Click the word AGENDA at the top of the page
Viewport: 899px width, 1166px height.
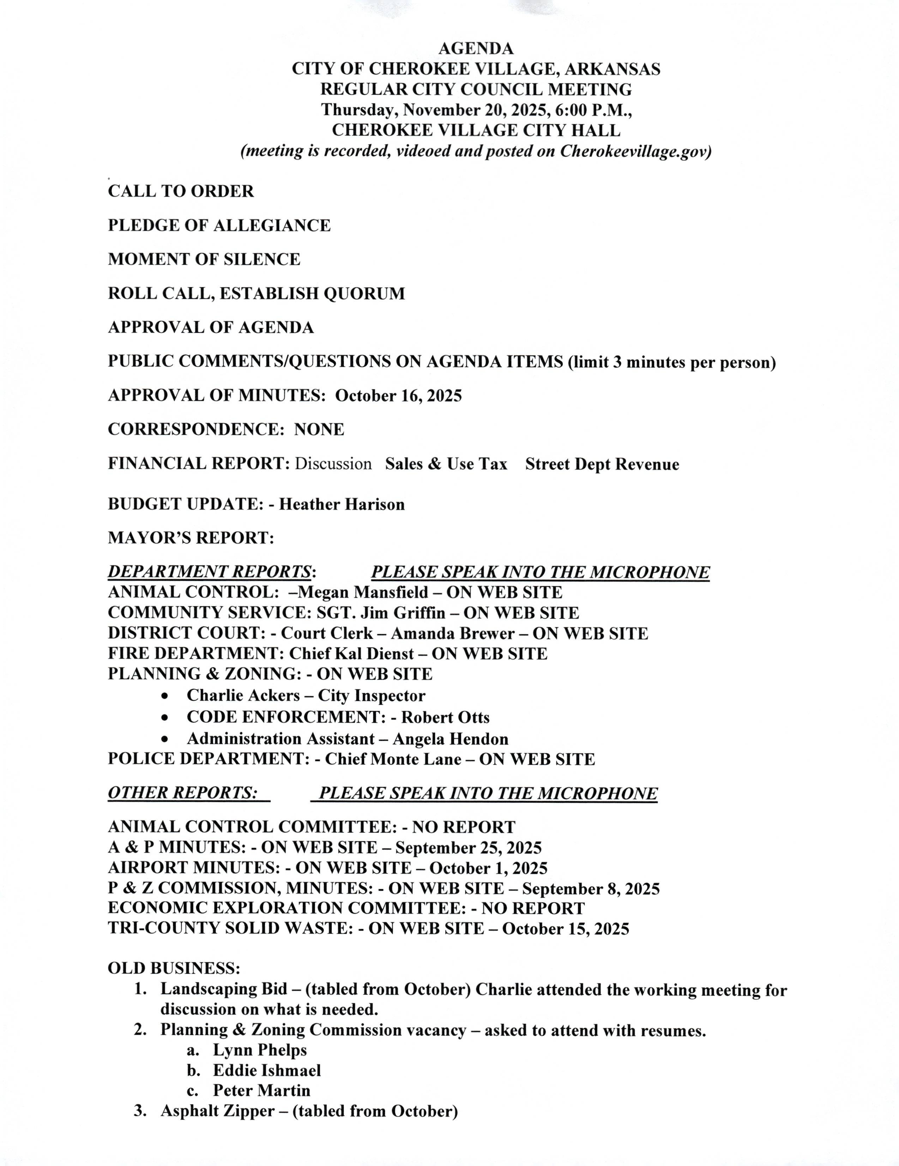(x=476, y=49)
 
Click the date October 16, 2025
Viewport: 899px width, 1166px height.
(x=398, y=396)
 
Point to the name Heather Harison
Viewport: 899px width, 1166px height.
(x=342, y=504)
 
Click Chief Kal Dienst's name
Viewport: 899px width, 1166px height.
(x=352, y=654)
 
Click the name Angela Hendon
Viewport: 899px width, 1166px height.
(x=451, y=739)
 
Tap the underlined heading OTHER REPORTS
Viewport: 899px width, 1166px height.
(x=182, y=793)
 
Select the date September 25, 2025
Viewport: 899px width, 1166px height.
(x=468, y=848)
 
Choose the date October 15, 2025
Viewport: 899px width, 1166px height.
(x=565, y=929)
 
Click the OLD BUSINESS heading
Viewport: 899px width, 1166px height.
(x=174, y=968)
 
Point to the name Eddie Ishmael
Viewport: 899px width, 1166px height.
(x=267, y=1070)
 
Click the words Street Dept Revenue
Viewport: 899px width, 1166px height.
(x=602, y=464)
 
